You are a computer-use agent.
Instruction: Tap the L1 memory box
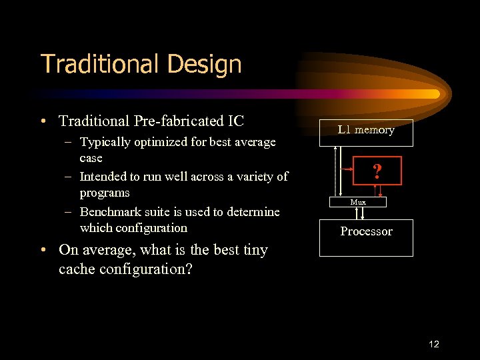[366, 132]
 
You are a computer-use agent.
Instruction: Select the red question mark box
[377, 171]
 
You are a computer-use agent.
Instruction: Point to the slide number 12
[434, 344]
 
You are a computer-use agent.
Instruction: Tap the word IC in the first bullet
[236, 121]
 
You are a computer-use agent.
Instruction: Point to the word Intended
[103, 177]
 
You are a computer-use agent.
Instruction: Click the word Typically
[107, 142]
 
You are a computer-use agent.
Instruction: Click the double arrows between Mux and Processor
[359, 213]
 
